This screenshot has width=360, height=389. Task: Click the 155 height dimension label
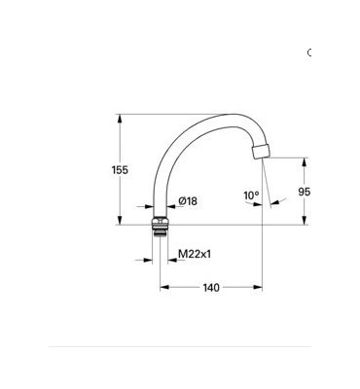[x=120, y=170]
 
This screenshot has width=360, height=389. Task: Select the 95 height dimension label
[x=305, y=193]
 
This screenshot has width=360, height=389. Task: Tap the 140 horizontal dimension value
[x=211, y=287]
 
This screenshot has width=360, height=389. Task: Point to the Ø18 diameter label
[x=188, y=201]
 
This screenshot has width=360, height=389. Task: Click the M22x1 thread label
[x=196, y=254]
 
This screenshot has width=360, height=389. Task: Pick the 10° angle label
[x=251, y=195]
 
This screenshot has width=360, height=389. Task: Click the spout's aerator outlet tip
[x=259, y=154]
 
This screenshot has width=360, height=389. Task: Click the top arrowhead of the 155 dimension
[x=120, y=118]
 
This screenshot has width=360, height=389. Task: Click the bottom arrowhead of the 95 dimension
[x=305, y=223]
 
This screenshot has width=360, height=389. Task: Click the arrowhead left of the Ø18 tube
[x=150, y=206]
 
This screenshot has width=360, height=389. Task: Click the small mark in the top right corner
[x=309, y=52]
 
